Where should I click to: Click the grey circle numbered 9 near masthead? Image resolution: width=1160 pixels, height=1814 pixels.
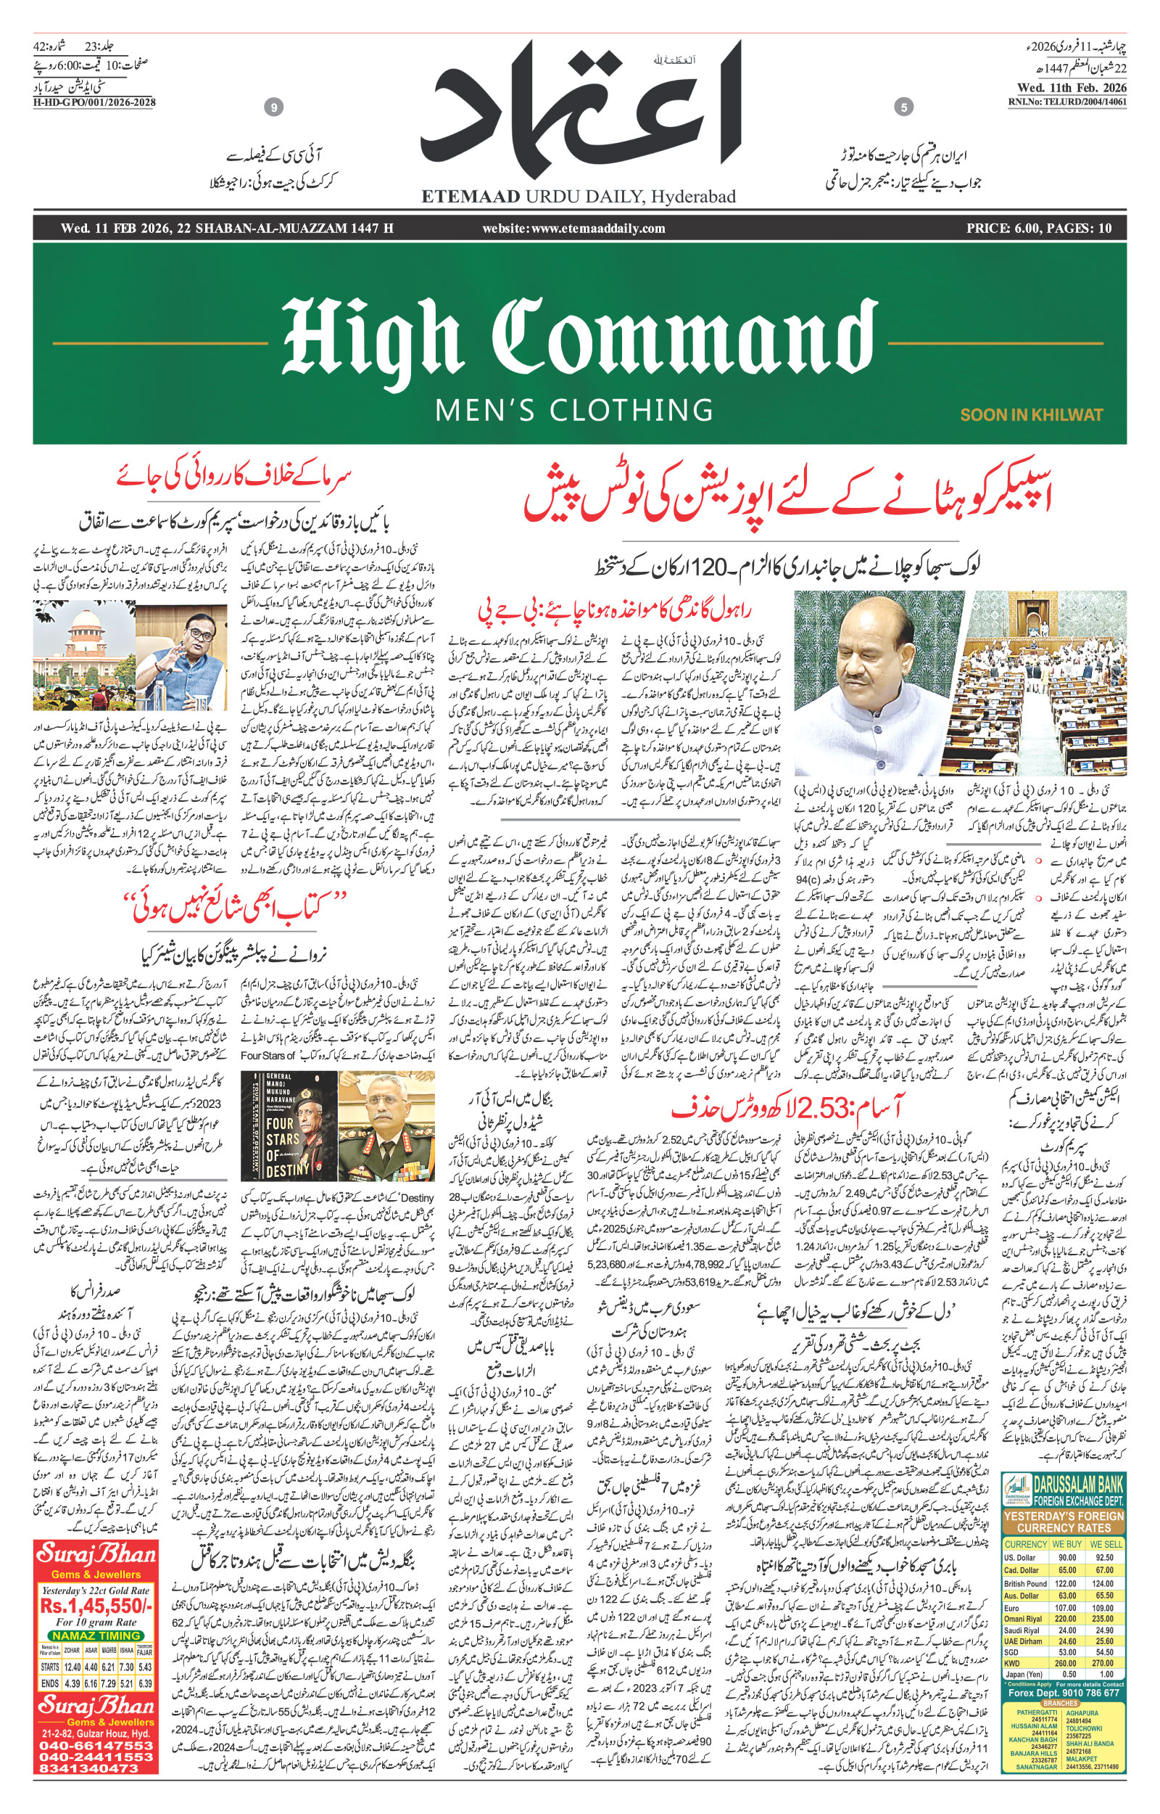(274, 107)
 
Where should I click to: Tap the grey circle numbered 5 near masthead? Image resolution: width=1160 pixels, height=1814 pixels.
(904, 107)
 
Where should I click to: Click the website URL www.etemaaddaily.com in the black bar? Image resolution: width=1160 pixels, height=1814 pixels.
(574, 229)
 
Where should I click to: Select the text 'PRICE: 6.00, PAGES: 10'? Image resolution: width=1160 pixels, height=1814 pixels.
(1039, 229)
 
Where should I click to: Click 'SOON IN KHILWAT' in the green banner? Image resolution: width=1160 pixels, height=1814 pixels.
(1030, 414)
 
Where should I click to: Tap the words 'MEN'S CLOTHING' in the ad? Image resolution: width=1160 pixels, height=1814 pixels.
(574, 411)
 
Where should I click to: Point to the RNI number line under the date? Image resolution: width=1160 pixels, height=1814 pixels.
(1067, 102)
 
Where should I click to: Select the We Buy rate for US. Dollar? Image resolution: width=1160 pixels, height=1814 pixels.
(1067, 1558)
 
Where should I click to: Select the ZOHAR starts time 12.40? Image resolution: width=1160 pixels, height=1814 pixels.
(73, 1667)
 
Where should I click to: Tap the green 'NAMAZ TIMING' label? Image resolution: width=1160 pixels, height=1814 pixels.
(96, 1636)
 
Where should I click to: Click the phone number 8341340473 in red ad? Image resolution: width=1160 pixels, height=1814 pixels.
(89, 1768)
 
